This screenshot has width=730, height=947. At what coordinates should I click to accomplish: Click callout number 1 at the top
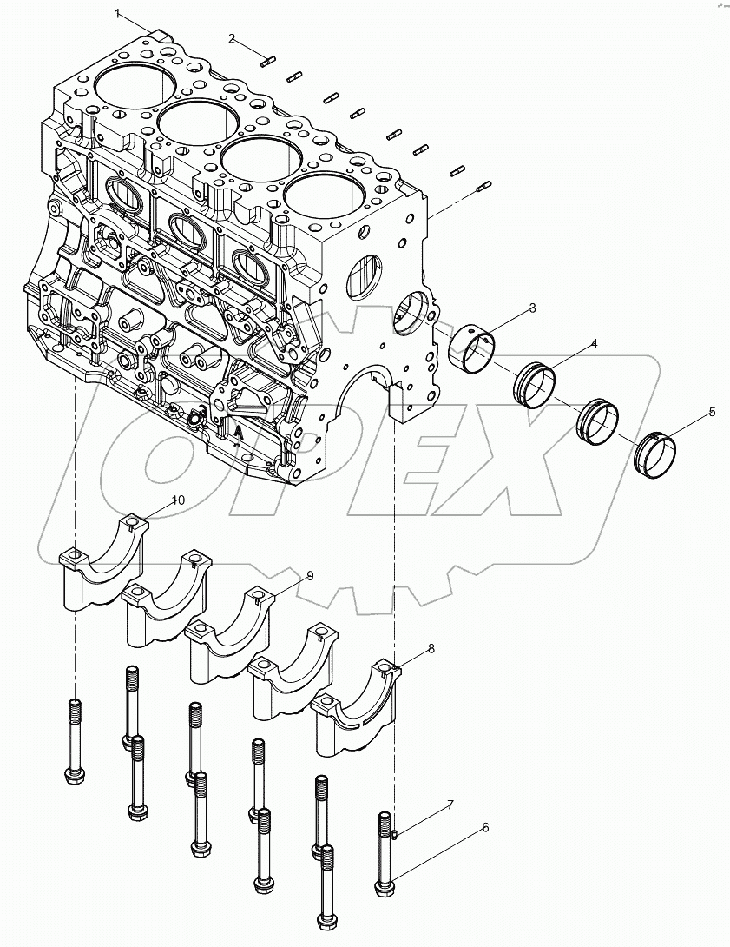click(119, 13)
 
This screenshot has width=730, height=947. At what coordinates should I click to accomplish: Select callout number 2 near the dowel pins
click(232, 38)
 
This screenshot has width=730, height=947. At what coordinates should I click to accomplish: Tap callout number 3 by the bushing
click(532, 308)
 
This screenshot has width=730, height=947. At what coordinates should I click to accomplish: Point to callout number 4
click(594, 345)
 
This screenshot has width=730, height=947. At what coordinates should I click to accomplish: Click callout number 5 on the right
click(712, 412)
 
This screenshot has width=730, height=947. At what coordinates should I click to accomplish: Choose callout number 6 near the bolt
click(485, 828)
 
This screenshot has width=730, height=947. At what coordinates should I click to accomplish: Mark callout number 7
click(450, 805)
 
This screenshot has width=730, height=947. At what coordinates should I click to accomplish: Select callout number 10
click(177, 500)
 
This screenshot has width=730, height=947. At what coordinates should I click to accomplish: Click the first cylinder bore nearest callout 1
click(128, 83)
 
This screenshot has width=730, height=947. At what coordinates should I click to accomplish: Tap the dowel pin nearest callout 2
click(267, 60)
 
